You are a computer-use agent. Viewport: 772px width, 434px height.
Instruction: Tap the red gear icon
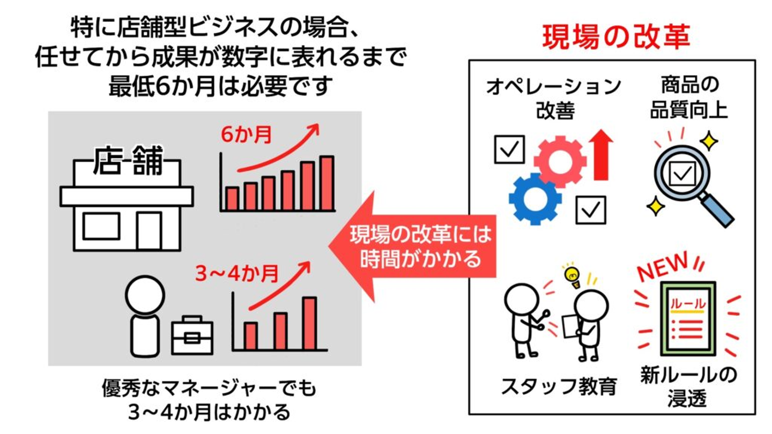559,160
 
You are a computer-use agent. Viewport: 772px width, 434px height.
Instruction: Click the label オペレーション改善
555,98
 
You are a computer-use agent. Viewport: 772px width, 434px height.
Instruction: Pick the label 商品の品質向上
689,98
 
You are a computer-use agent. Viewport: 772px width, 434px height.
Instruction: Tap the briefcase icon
192,336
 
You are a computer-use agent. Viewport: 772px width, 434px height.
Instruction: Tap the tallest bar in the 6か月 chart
327,183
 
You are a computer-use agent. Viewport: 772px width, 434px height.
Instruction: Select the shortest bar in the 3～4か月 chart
251,335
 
